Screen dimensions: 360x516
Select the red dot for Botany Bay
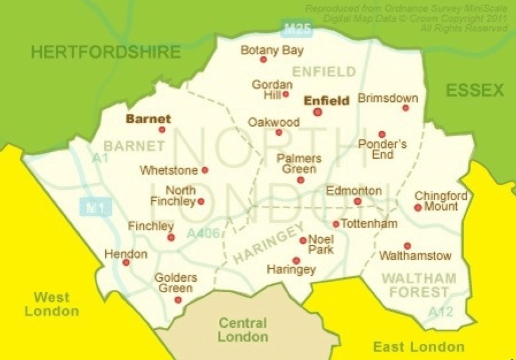pyautogui.click(x=264, y=59)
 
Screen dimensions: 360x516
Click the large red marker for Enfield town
pyautogui.click(x=317, y=112)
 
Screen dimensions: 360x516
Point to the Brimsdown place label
pyautogui.click(x=388, y=98)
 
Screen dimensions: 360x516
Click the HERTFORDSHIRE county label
pyautogui.click(x=106, y=52)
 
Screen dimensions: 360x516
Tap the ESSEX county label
pyautogui.click(x=475, y=90)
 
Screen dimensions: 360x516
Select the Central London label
pyautogui.click(x=242, y=330)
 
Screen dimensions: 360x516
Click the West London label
pyautogui.click(x=51, y=304)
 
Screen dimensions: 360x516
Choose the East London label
pyautogui.click(x=418, y=346)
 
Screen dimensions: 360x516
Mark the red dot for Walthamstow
pyautogui.click(x=407, y=246)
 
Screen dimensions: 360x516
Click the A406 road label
pyautogui.click(x=202, y=233)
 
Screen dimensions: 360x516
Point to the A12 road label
pyautogui.click(x=441, y=312)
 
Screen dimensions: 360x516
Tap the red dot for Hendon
pyautogui.click(x=126, y=262)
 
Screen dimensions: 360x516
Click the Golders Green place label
pyautogui.click(x=175, y=283)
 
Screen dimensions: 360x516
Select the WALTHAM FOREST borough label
pyautogui.click(x=419, y=285)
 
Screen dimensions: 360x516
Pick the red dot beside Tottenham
pyautogui.click(x=336, y=224)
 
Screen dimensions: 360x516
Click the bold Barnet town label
pyautogui.click(x=148, y=119)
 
